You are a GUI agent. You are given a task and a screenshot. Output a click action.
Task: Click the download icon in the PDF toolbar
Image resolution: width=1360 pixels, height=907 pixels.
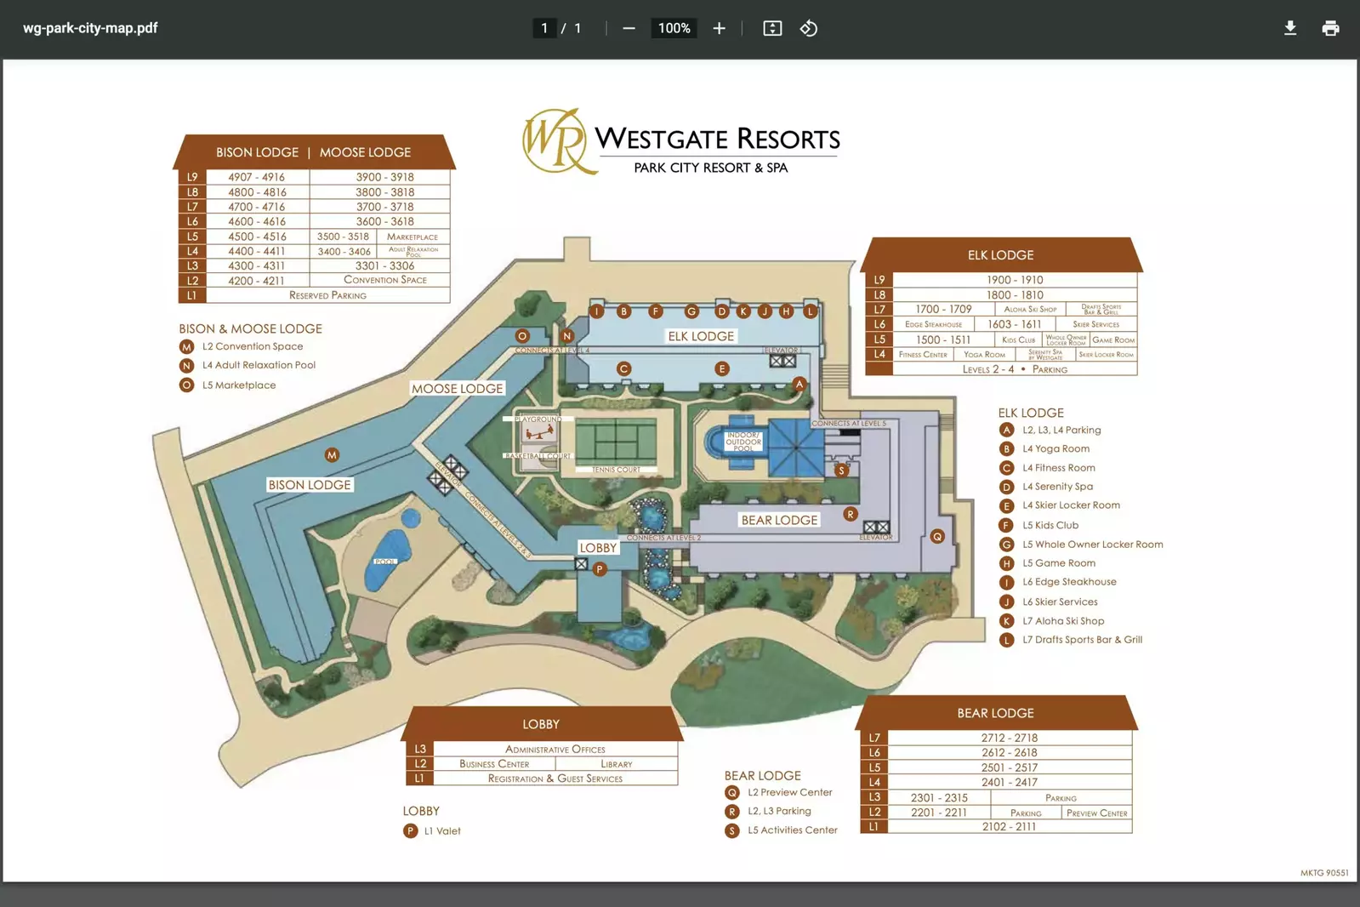pos(1289,28)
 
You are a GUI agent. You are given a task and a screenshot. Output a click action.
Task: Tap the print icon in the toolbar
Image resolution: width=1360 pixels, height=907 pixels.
pos(1330,28)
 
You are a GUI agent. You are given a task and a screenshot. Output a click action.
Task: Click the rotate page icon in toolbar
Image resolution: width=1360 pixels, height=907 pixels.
pos(808,28)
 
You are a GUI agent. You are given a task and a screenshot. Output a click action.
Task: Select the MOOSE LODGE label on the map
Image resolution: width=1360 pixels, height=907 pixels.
pos(458,389)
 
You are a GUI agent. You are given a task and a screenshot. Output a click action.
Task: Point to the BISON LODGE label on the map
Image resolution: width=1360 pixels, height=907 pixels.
pos(310,485)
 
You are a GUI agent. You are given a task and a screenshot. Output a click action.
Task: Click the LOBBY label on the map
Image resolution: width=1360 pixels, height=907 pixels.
pos(598,548)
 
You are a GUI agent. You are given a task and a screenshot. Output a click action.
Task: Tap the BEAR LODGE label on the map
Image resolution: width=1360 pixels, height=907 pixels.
pos(779,520)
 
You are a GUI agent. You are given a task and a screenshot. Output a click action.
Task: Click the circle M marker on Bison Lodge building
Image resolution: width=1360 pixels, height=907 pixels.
pos(332,455)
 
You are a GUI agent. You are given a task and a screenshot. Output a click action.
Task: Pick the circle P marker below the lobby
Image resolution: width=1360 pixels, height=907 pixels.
pos(600,569)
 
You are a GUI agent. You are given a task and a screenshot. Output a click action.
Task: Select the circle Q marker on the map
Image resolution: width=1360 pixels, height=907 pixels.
pos(936,536)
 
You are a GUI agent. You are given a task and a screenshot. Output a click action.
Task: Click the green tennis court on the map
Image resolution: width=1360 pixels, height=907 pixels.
pos(616,440)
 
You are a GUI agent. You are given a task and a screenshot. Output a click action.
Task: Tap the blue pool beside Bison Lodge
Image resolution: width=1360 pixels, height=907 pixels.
pos(387,558)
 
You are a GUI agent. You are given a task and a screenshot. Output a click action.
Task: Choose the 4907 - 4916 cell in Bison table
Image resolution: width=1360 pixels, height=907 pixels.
pos(256,177)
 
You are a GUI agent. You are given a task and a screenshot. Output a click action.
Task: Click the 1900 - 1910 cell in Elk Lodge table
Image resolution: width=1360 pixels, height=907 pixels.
pos(1015,280)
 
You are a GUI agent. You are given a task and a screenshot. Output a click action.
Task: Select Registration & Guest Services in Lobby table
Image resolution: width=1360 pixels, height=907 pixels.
pos(555,779)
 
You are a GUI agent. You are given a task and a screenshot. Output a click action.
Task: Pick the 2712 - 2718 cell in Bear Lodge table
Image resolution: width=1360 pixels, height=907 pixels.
pos(1009,738)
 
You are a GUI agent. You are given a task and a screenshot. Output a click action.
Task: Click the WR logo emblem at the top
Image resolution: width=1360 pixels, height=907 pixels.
pos(555,140)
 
